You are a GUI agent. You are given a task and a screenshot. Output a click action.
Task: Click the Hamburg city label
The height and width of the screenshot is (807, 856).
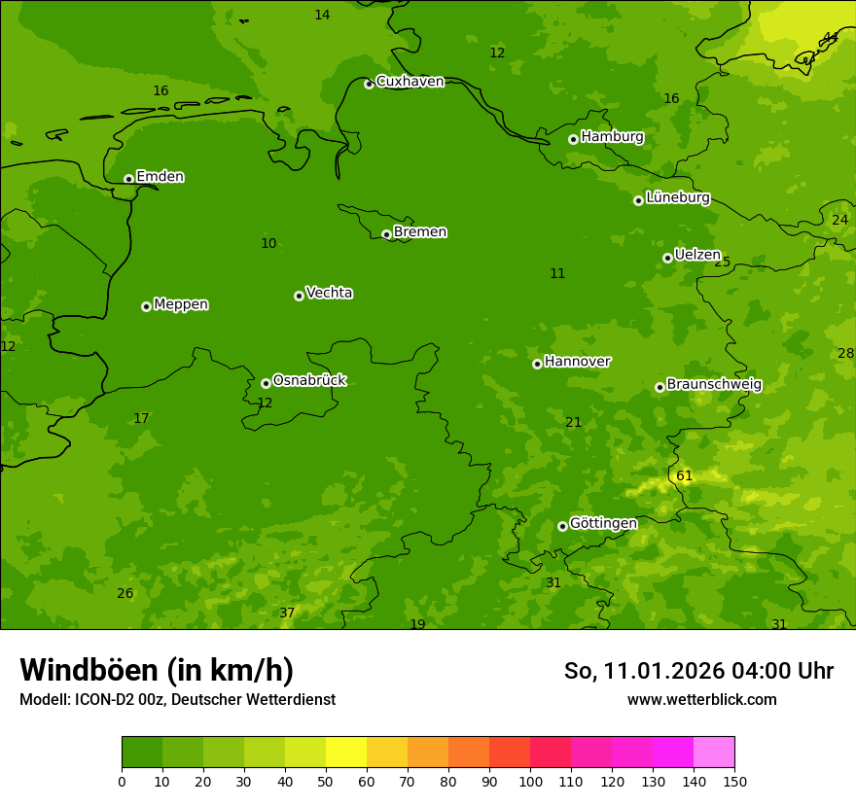[612, 137]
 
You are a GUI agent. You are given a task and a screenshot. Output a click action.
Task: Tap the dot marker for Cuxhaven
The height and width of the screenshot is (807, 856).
[369, 84]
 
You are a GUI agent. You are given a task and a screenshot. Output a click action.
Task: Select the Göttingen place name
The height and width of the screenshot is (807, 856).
[603, 523]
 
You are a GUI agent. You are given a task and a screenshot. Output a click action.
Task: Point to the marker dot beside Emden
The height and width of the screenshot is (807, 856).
[128, 179]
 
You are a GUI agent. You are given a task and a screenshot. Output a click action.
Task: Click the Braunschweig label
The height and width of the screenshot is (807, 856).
[714, 384]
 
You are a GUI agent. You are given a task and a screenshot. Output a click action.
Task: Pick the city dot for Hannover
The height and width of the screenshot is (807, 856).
[537, 364]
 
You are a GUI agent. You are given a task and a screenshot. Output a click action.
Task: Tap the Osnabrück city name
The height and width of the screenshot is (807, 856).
[309, 380]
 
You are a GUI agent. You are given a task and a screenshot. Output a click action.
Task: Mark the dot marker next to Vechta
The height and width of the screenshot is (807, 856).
[299, 296]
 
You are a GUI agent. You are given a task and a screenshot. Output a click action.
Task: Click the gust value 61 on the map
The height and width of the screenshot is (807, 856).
[684, 475]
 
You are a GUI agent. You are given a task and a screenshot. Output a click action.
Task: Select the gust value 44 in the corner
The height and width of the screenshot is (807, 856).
[830, 37]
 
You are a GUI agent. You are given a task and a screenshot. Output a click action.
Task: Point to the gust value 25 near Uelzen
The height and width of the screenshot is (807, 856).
[722, 262]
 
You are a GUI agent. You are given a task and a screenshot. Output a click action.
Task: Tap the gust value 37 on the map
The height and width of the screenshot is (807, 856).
[287, 613]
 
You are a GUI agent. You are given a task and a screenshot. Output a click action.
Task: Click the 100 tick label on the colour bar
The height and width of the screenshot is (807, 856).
[530, 781]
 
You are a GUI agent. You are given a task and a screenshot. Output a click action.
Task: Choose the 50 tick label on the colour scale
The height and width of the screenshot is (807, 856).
[326, 781]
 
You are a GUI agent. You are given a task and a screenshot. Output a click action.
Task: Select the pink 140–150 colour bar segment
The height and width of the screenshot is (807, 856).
[714, 753]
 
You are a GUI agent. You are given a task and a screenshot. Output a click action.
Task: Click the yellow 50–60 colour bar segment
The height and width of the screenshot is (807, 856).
[346, 753]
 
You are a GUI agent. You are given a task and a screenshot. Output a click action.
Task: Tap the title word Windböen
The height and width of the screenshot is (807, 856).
[88, 670]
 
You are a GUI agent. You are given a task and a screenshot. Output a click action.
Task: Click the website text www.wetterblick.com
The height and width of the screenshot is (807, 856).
[701, 699]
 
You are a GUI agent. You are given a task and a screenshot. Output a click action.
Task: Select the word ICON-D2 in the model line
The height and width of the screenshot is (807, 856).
[104, 699]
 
